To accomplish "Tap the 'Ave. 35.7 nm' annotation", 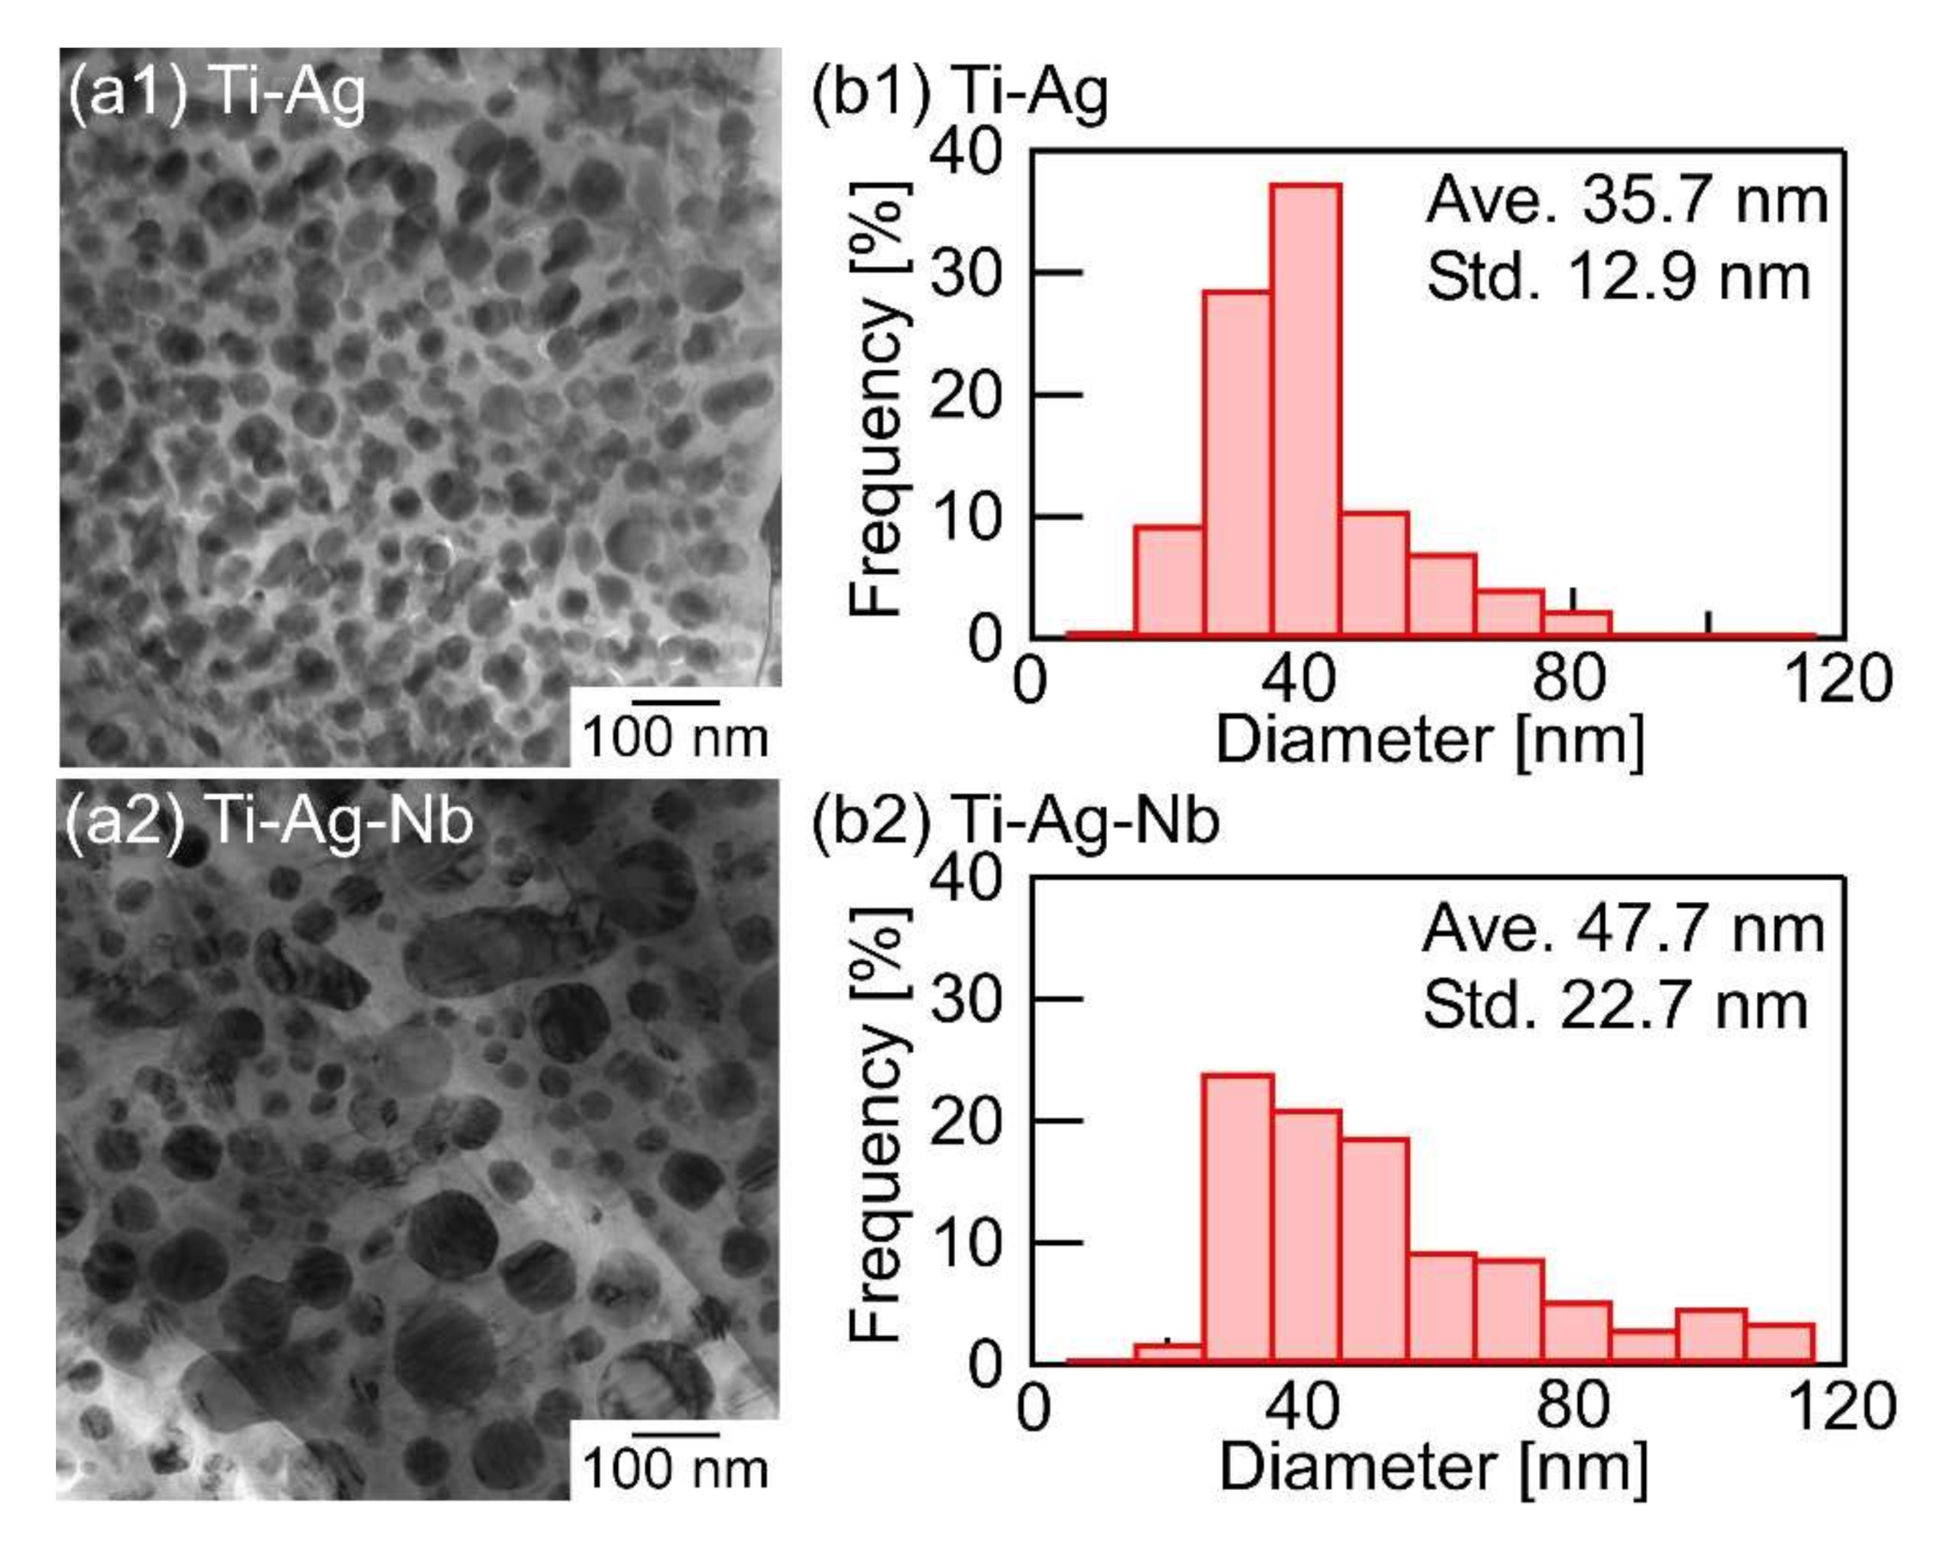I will pyautogui.click(x=1626, y=201).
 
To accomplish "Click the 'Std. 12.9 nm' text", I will pyautogui.click(x=1618, y=277).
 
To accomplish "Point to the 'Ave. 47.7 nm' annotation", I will pyautogui.click(x=1622, y=929).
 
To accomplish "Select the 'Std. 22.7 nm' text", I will pyautogui.click(x=1615, y=1005).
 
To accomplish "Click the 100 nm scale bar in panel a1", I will pyautogui.click(x=676, y=702).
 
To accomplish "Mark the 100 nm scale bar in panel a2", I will pyautogui.click(x=676, y=1434).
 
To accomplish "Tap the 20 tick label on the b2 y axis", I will pyautogui.click(x=964, y=1121).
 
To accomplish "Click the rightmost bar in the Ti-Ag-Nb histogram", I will pyautogui.click(x=1779, y=1342).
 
